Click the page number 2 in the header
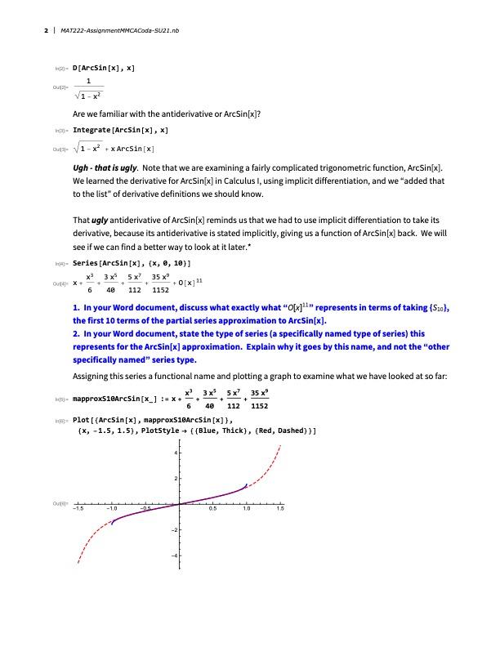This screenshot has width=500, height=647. pyautogui.click(x=45, y=32)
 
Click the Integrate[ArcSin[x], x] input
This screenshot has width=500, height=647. pyautogui.click(x=121, y=130)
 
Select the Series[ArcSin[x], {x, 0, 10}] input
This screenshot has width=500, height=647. pyautogui.click(x=132, y=263)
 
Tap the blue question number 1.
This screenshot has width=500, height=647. pyautogui.click(x=75, y=306)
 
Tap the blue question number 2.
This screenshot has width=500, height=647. pyautogui.click(x=75, y=333)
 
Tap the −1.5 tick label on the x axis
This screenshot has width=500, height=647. pyautogui.click(x=78, y=509)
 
